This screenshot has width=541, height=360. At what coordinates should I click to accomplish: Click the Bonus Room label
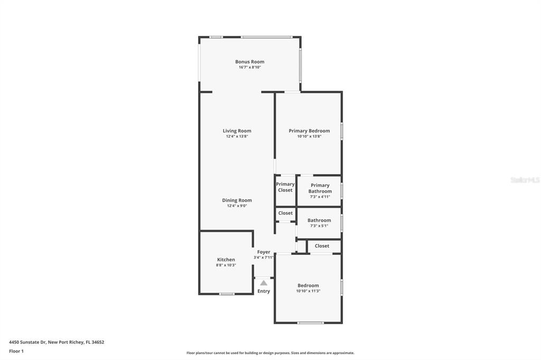point(249,62)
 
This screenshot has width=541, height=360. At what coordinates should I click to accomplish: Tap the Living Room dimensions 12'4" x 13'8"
point(237,136)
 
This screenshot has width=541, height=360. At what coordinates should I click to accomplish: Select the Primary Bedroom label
point(309,131)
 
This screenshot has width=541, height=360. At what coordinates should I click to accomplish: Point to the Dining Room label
point(237,200)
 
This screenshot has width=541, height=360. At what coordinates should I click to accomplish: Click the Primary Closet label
point(285,187)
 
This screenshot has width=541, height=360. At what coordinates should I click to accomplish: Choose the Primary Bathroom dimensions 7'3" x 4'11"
point(320,196)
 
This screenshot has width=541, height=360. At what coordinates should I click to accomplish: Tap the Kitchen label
point(226,259)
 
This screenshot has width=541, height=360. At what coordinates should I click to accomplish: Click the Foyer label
point(264,252)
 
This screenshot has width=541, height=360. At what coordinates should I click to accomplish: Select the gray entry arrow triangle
point(264,283)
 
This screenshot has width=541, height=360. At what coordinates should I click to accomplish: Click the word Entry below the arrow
point(264,291)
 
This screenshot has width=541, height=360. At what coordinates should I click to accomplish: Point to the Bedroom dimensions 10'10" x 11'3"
point(308,291)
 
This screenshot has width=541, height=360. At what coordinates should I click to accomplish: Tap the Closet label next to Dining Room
point(285,213)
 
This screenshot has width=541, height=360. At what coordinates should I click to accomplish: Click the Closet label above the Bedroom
point(322,246)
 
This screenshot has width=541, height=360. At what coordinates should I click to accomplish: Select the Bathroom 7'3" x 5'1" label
point(319,223)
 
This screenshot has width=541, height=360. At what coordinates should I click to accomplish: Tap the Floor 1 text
point(16,351)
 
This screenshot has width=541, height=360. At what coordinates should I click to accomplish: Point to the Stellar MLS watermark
point(524,180)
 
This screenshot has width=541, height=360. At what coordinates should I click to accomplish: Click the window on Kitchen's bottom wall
point(227,293)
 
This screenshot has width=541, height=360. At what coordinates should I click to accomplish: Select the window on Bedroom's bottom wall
point(310,323)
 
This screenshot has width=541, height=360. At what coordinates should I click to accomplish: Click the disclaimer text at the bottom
point(270,353)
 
